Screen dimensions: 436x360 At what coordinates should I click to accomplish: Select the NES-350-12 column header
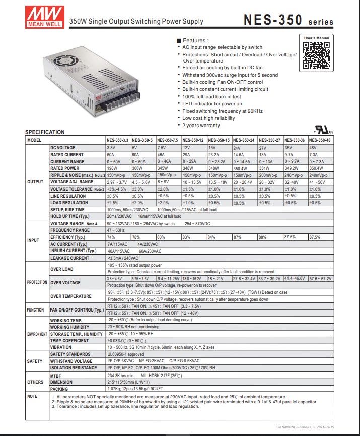[x=194, y=140]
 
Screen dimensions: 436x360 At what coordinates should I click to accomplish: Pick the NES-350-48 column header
[x=321, y=140]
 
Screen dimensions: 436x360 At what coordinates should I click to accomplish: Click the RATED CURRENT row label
[x=67, y=155]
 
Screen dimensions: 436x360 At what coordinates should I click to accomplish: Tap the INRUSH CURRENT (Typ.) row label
[x=73, y=251]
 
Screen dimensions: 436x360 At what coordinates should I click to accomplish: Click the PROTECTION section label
[x=37, y=282]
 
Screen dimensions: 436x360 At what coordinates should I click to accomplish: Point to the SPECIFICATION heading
[x=45, y=132]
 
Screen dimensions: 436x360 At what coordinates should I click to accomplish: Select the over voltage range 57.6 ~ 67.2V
[x=320, y=278]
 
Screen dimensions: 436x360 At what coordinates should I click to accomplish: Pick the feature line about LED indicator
[x=212, y=104]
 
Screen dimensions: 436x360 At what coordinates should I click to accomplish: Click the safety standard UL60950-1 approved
[x=126, y=354]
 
